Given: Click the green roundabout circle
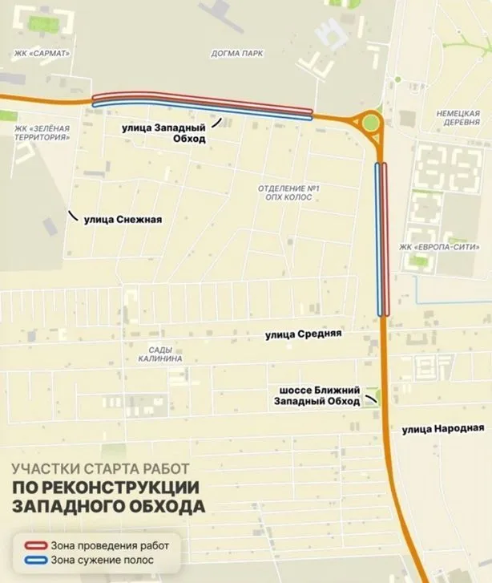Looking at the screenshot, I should point(370,123).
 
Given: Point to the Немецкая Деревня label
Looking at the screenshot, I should point(458,119).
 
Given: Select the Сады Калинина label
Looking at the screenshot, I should point(165,354).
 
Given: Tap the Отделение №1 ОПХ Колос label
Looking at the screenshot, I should point(288,192).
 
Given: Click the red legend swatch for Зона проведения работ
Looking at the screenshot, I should point(28,545).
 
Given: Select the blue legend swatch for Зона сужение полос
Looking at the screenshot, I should point(28,560).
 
